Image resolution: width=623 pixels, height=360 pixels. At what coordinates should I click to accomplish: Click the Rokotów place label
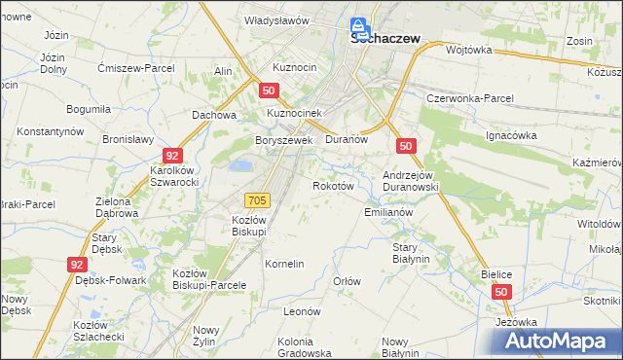pos(331,185)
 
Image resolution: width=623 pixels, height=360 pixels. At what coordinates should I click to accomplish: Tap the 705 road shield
pos(257,199)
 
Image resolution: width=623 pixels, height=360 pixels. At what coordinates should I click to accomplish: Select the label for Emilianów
pos(388,211)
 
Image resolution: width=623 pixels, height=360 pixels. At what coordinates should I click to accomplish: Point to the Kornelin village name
pos(285,264)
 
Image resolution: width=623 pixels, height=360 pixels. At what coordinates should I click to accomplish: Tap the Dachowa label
pos(214,115)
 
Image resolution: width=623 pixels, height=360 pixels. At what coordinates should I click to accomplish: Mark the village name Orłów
pos(348,281)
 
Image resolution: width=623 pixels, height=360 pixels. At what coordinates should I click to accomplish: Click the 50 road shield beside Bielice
pos(500,291)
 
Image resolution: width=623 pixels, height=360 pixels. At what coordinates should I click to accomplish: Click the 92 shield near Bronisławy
pos(171,155)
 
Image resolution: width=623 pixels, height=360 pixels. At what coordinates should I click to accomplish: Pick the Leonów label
pos(302,311)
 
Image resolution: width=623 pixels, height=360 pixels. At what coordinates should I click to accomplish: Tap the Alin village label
pos(223,72)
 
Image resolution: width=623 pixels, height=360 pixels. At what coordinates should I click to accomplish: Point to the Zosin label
pos(580,43)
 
